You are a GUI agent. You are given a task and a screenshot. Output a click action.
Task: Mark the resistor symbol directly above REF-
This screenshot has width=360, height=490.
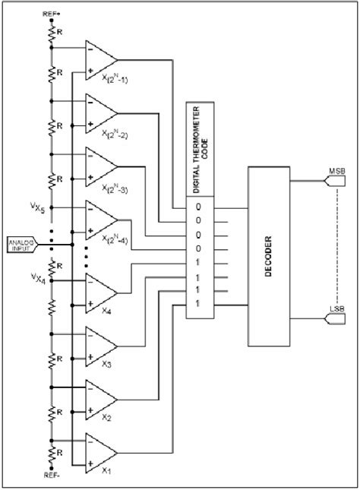[52, 453]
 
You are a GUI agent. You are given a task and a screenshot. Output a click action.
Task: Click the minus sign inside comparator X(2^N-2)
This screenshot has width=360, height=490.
[91, 101]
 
